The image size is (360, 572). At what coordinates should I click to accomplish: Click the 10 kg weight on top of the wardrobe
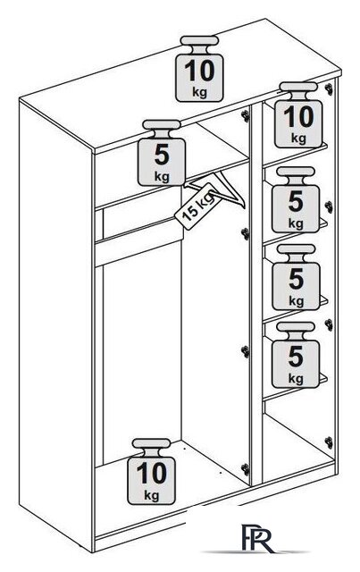(x=199, y=69)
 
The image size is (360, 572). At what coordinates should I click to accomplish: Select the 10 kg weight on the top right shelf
(x=298, y=115)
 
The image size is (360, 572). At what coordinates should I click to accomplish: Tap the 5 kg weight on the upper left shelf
(x=162, y=153)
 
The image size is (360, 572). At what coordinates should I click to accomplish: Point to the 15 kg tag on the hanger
(x=198, y=206)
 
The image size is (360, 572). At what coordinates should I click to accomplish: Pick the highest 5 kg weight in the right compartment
(x=296, y=199)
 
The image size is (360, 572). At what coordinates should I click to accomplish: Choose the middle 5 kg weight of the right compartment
(x=297, y=277)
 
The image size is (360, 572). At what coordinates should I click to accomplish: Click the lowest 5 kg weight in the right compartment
(x=296, y=355)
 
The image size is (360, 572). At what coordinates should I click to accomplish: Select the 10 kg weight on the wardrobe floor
(x=151, y=471)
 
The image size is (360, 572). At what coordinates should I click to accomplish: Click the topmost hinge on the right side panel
(x=330, y=88)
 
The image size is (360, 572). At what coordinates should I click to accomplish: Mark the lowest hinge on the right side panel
(x=329, y=442)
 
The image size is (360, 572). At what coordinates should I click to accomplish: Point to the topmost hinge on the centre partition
(x=246, y=115)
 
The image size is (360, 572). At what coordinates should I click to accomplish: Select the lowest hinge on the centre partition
(x=246, y=468)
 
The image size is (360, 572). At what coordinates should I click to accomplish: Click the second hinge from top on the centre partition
(x=246, y=233)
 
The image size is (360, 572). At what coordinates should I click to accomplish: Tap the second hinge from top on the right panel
(x=329, y=206)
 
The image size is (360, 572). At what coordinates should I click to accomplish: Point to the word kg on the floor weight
(x=151, y=495)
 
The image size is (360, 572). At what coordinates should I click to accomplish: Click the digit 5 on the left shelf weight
(x=162, y=156)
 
